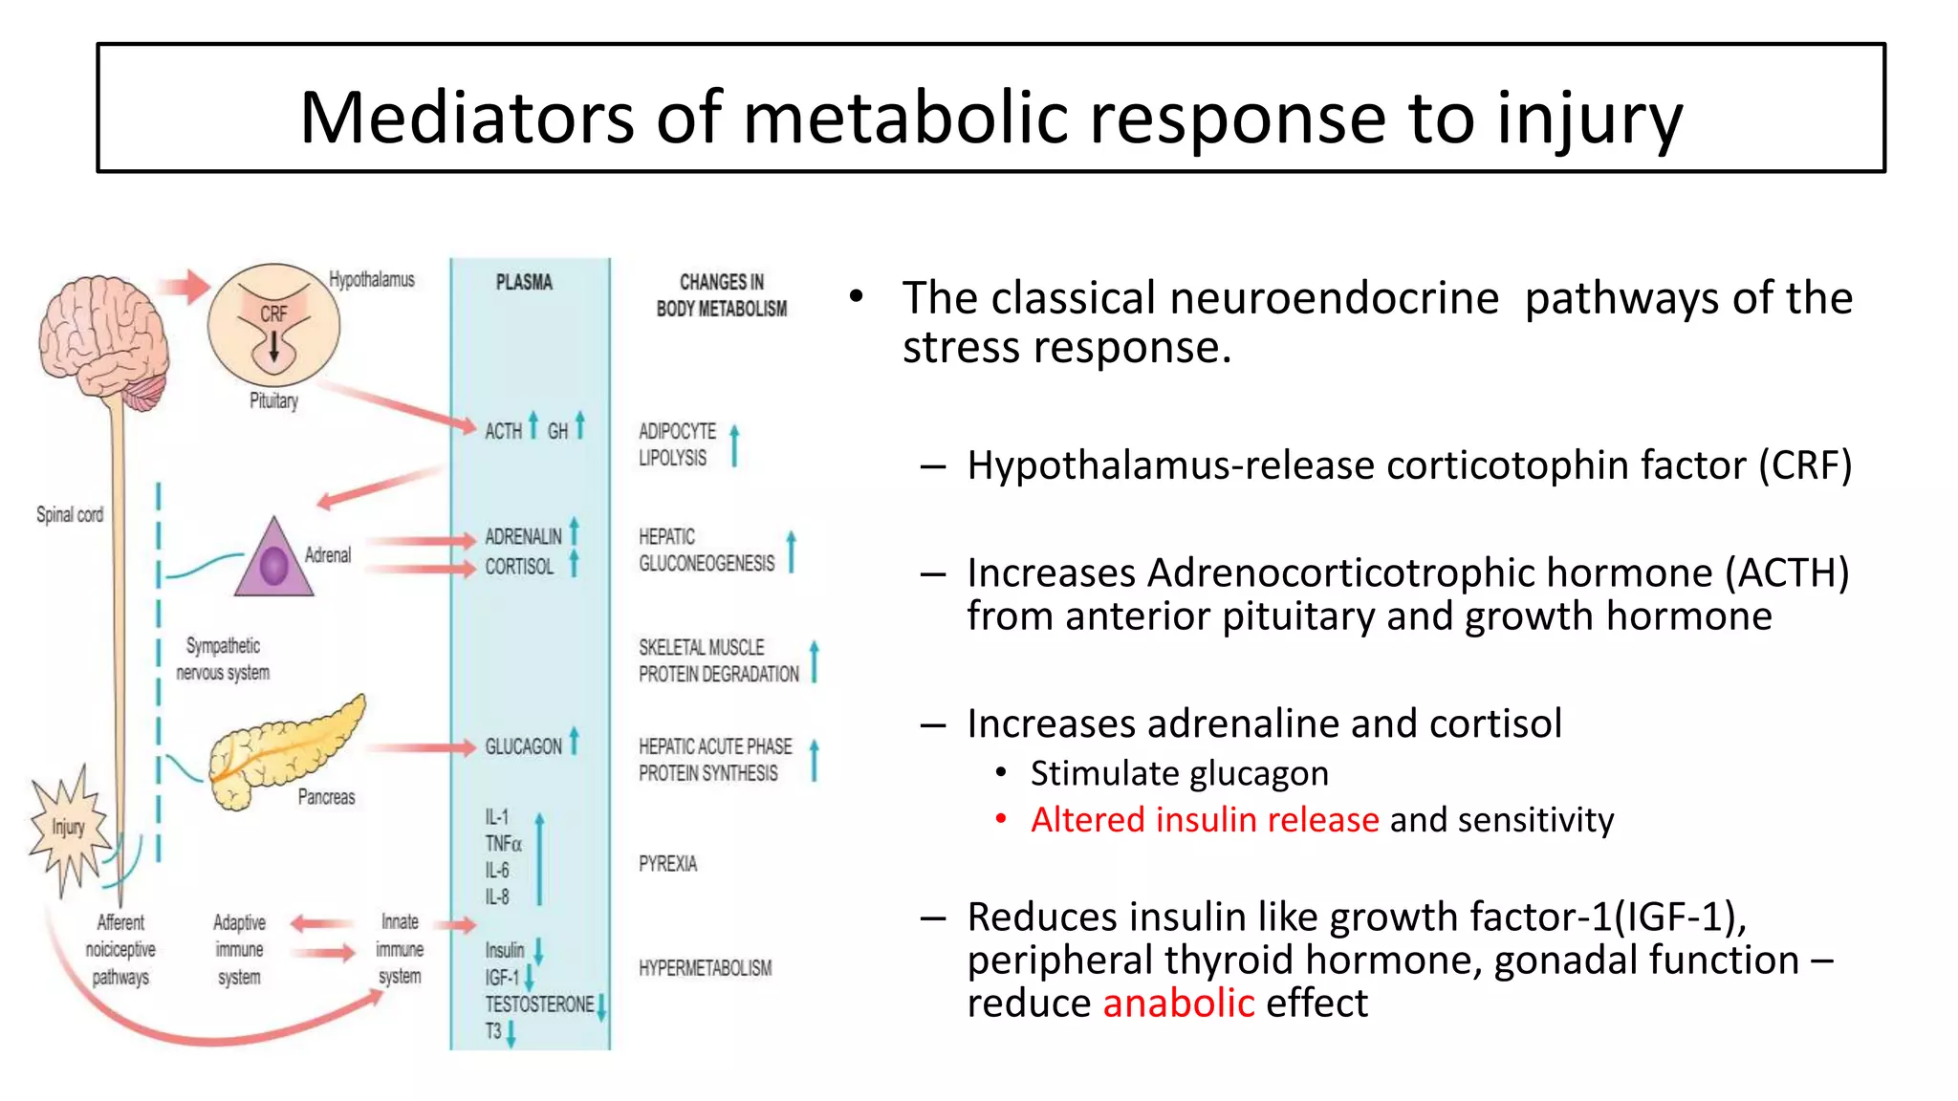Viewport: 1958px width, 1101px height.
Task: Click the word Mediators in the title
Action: click(466, 118)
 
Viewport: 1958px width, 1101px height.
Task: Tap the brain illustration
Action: click(103, 339)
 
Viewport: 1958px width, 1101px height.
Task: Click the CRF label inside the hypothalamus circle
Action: click(273, 313)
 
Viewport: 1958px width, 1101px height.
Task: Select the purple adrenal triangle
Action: click(273, 562)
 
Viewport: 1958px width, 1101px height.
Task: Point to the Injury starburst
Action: click(68, 828)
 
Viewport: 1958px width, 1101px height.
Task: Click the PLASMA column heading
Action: click(524, 283)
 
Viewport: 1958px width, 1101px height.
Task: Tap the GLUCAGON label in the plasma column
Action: click(523, 746)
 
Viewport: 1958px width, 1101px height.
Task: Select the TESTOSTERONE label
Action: click(539, 1004)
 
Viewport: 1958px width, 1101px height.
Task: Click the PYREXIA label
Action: click(667, 864)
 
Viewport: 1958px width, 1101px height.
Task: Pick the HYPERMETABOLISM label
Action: click(705, 968)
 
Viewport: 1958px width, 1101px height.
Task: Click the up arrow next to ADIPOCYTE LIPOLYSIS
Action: click(734, 445)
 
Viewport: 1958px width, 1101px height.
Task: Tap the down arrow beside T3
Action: click(511, 1033)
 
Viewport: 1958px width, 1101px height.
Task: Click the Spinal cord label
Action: click(70, 514)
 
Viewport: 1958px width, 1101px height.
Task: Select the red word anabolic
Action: click(1178, 1004)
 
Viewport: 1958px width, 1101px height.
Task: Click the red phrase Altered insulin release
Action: click(1205, 820)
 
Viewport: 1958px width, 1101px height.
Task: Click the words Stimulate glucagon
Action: click(1179, 773)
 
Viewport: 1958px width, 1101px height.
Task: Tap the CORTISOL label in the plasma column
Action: click(519, 567)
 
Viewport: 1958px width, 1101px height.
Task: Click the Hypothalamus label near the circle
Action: click(372, 279)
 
